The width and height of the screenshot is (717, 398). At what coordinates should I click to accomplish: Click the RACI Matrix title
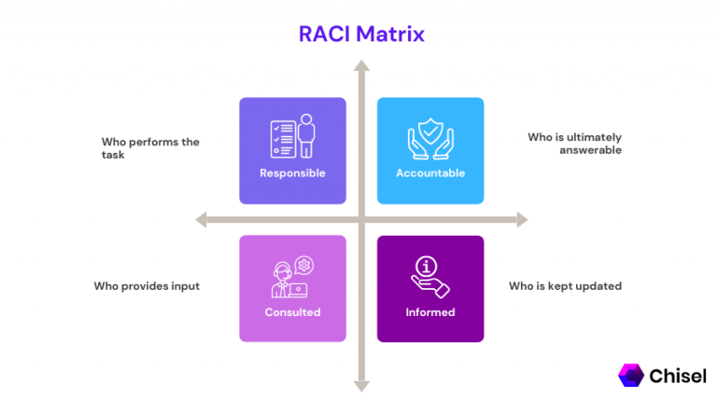tap(361, 34)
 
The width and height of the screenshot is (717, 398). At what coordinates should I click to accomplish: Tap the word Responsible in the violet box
tap(292, 173)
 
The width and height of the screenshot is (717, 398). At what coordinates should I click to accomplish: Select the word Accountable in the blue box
tap(430, 173)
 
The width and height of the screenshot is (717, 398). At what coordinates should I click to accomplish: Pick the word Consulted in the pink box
tap(292, 312)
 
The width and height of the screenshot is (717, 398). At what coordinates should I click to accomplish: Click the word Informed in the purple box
tap(430, 312)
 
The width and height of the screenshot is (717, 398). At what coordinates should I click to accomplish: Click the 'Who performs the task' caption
tap(150, 147)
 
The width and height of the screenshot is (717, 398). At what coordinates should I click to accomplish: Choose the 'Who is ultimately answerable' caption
tap(573, 143)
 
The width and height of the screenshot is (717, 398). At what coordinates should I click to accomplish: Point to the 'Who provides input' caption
tap(147, 285)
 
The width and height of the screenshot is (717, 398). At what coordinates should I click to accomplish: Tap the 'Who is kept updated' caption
tap(564, 285)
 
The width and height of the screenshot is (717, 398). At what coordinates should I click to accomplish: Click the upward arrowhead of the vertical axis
tap(361, 66)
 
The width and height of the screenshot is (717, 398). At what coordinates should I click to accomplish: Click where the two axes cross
tap(361, 220)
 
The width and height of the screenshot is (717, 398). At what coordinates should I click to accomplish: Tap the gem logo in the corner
tap(631, 375)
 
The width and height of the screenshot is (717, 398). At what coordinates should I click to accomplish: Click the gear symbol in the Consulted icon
tap(303, 266)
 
